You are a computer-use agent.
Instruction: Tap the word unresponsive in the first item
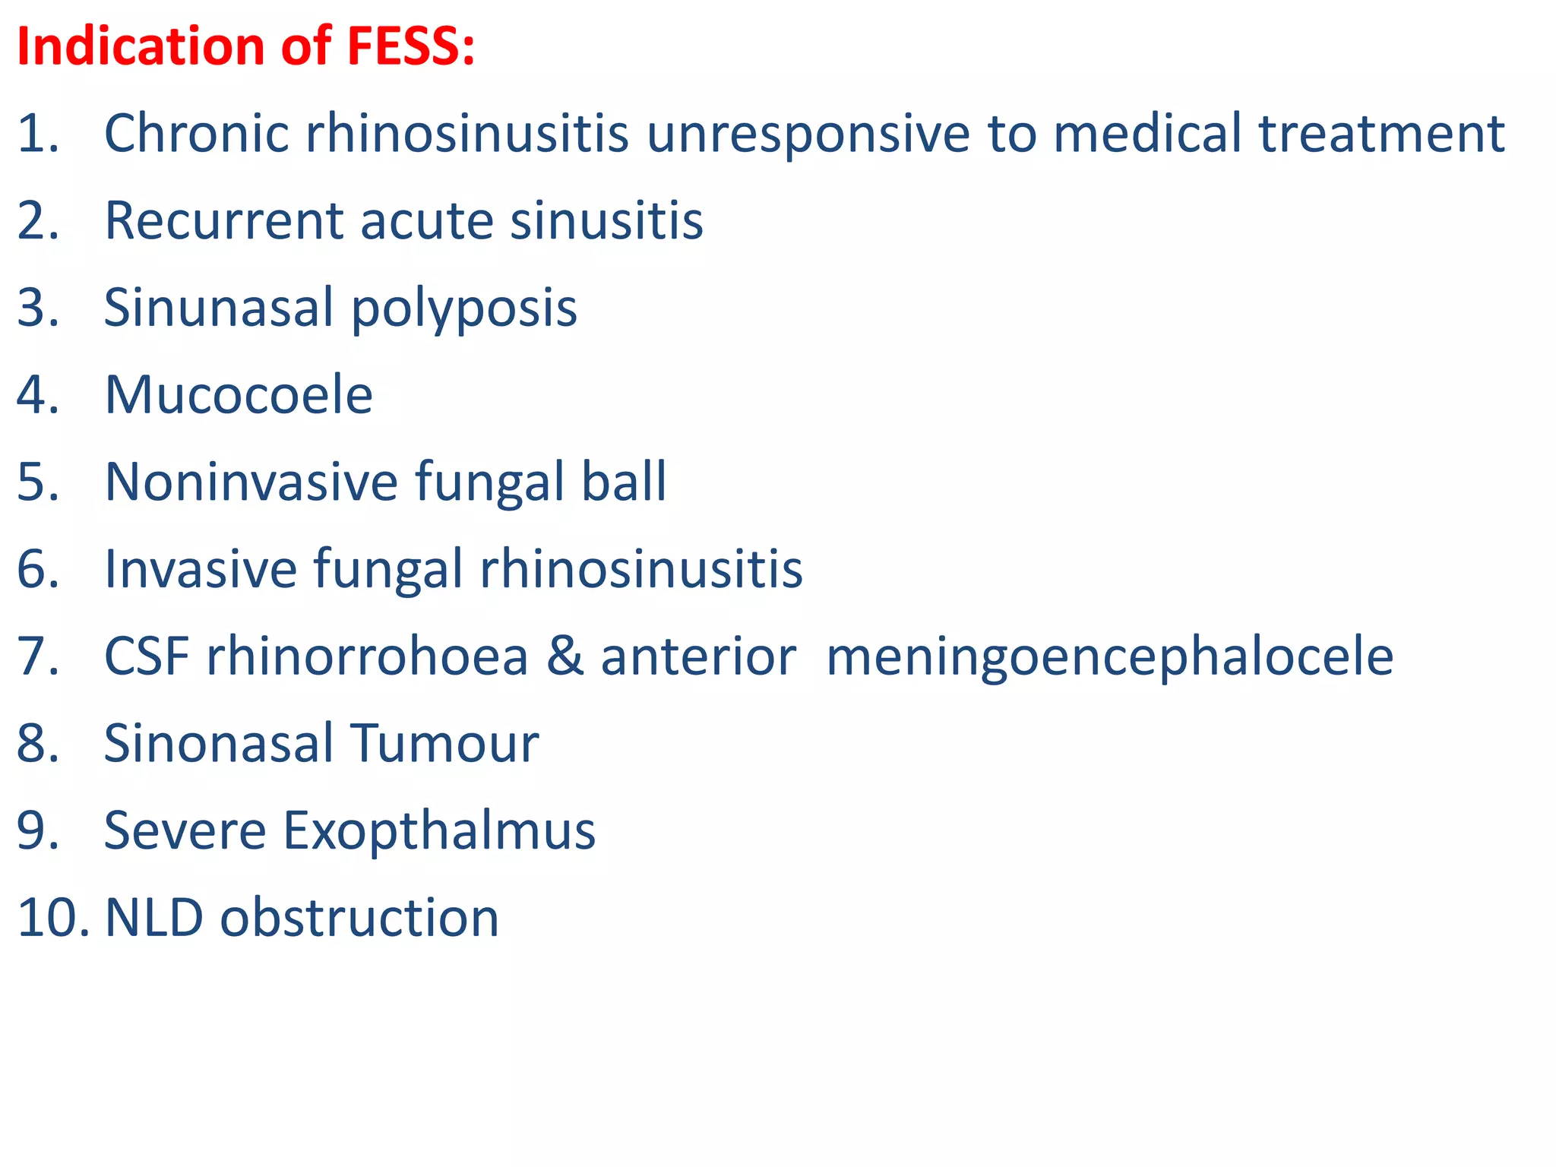pyautogui.click(x=808, y=134)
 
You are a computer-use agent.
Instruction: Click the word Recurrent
pyautogui.click(x=224, y=221)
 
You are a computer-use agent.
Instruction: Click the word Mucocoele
pyautogui.click(x=238, y=395)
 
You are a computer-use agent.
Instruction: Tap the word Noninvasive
pyautogui.click(x=251, y=482)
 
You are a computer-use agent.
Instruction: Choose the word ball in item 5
pyautogui.click(x=624, y=482)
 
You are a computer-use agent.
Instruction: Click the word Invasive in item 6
pyautogui.click(x=200, y=569)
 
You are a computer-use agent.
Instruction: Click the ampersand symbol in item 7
pyautogui.click(x=565, y=656)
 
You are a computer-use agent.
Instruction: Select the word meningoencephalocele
pyautogui.click(x=1109, y=656)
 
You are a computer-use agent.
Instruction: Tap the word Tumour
pyautogui.click(x=444, y=743)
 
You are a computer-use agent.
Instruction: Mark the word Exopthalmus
pyautogui.click(x=439, y=830)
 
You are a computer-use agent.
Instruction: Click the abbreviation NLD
pyautogui.click(x=153, y=918)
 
